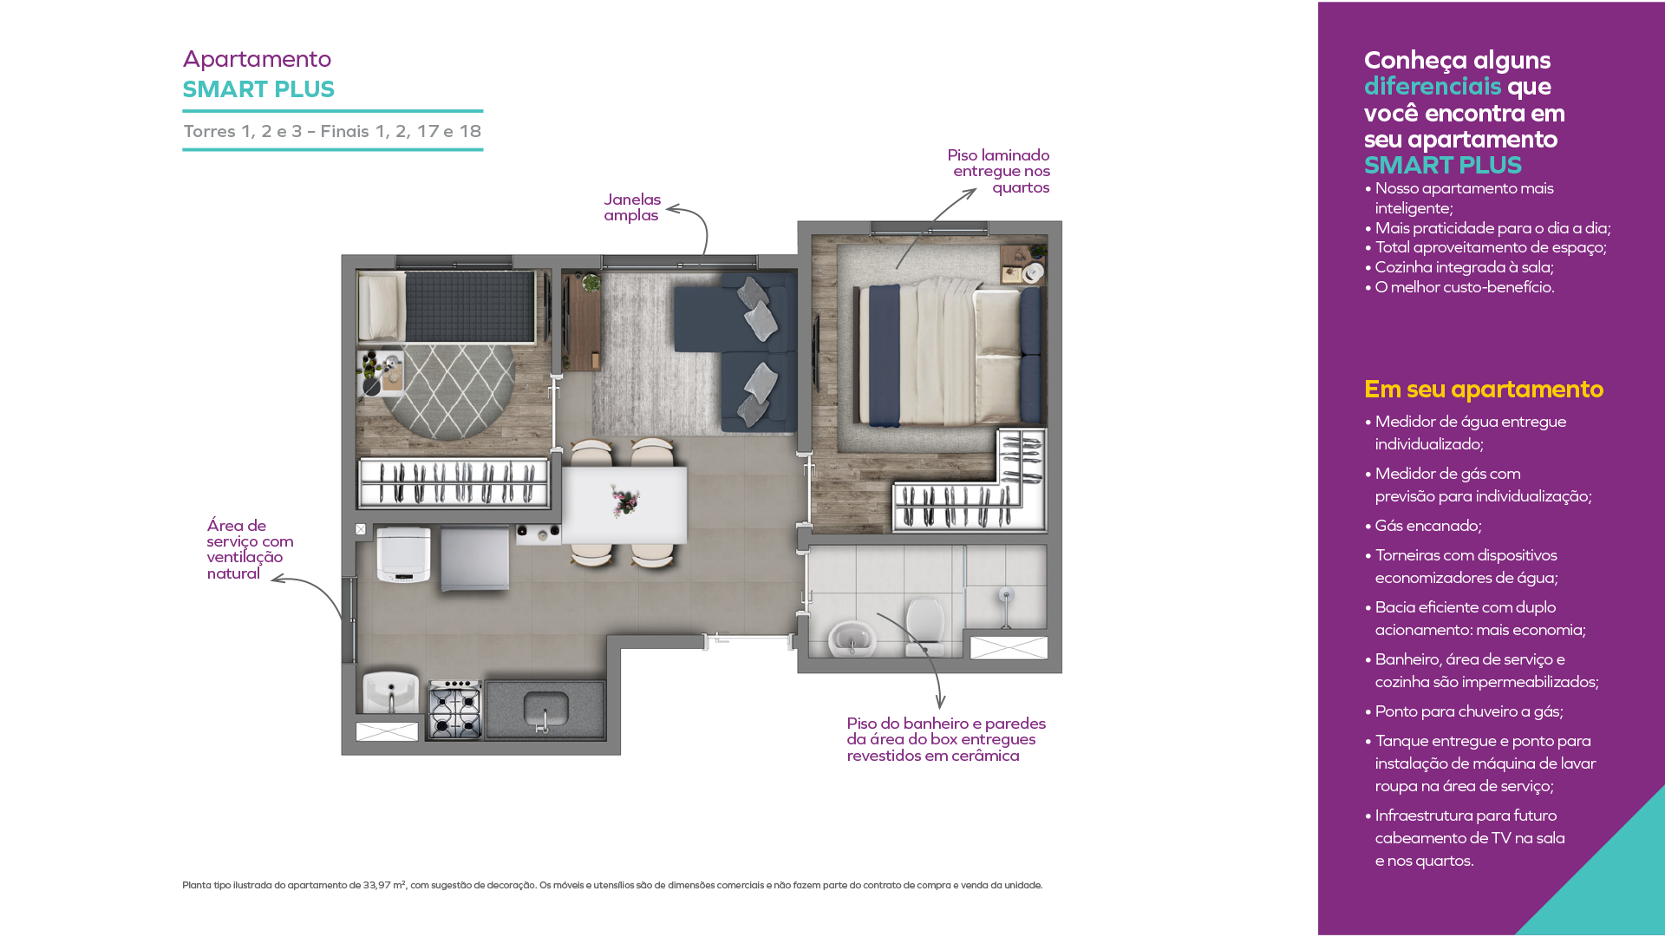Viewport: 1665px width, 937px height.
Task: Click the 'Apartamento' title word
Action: (257, 59)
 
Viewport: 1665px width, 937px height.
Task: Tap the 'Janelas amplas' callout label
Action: (632, 207)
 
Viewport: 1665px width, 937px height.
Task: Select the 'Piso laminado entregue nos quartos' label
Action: (998, 171)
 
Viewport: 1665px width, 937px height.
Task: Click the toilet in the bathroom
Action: (925, 625)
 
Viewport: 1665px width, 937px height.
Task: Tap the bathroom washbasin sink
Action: (852, 639)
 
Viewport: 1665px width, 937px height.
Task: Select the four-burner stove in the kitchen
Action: (455, 709)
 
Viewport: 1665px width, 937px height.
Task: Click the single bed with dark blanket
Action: (447, 307)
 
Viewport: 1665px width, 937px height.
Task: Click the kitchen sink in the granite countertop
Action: (545, 710)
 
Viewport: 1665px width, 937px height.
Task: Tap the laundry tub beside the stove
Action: (391, 692)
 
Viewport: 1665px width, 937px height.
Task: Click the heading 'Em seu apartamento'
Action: (1484, 390)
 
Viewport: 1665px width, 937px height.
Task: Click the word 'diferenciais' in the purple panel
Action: (1433, 87)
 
